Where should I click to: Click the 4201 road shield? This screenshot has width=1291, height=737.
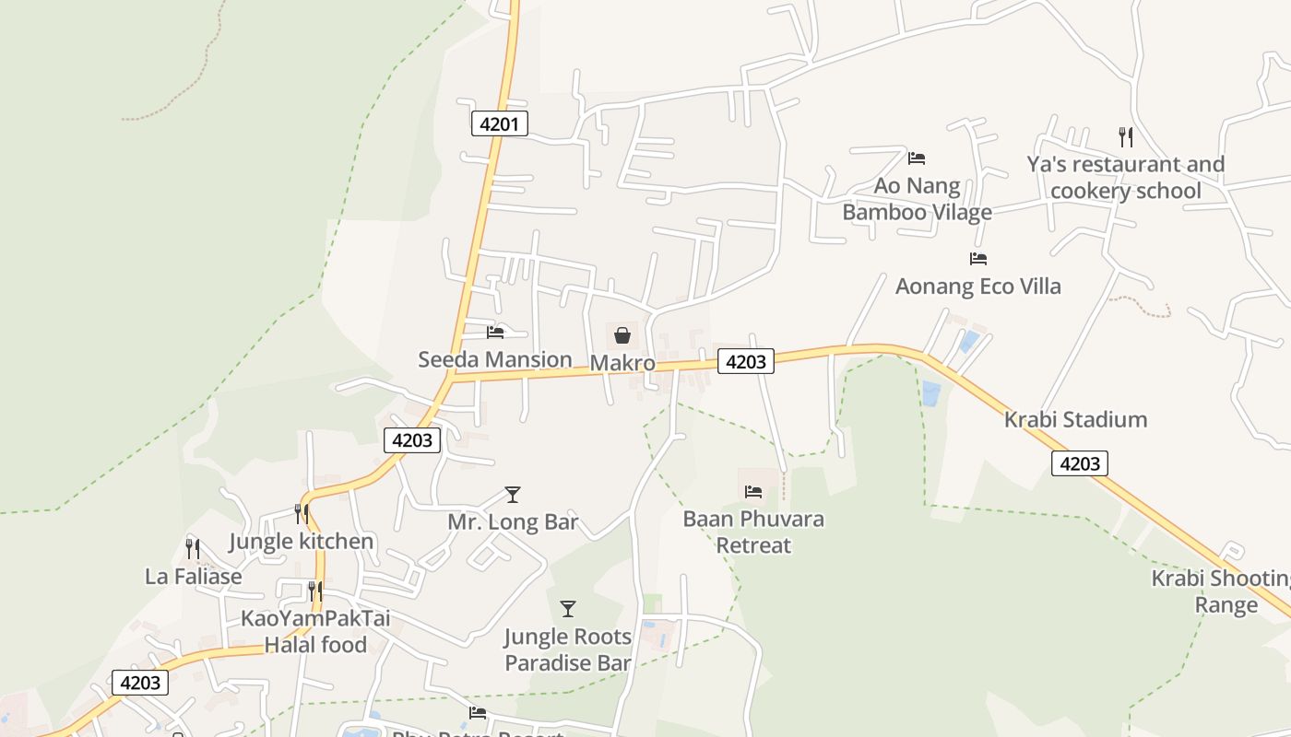[499, 123]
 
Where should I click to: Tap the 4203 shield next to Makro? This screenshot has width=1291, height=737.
[745, 362]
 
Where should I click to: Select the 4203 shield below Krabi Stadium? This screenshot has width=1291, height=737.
[1079, 463]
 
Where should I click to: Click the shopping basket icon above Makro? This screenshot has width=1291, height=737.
[622, 335]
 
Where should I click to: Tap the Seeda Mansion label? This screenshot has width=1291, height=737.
[495, 359]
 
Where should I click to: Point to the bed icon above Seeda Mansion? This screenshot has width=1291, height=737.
[495, 333]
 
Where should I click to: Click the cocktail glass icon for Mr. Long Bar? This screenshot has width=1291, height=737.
[513, 495]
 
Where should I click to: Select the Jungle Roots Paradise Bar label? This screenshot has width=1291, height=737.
[568, 649]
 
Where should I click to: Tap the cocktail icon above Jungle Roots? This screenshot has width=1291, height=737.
[568, 609]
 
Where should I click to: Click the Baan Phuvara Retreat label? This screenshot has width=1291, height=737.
[753, 532]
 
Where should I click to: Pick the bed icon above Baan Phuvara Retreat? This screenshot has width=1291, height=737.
[753, 492]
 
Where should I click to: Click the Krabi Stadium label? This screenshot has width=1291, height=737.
[1075, 420]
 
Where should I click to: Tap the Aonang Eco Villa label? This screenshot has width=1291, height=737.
[977, 287]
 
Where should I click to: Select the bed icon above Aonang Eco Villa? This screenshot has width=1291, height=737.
[978, 259]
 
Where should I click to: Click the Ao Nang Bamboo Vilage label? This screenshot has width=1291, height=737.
[917, 199]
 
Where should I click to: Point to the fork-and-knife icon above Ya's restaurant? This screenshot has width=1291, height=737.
[1125, 137]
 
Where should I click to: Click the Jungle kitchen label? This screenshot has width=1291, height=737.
[301, 542]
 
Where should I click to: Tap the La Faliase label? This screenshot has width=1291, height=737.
[194, 577]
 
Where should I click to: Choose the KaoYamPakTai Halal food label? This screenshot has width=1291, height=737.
[315, 632]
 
